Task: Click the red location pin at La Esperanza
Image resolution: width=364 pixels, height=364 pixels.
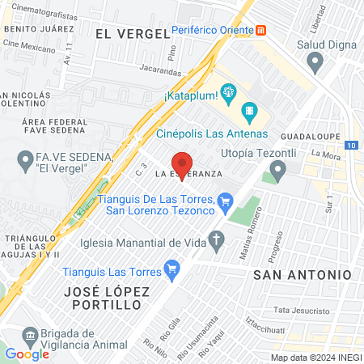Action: coord(183,159)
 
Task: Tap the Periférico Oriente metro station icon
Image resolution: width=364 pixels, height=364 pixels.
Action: coord(261,31)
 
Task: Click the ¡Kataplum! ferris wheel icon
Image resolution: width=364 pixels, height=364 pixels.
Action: coord(229,92)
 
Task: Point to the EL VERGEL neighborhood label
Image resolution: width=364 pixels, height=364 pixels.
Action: coord(132,33)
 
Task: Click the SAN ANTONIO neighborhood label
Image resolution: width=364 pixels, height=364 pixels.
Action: coord(303,275)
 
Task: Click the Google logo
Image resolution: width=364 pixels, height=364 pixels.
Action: coord(27,353)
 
